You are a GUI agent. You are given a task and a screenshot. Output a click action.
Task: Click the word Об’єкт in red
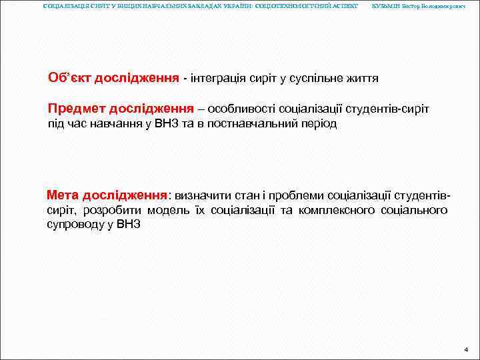click(x=69, y=78)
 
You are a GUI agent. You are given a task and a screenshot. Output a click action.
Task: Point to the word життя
click(x=360, y=79)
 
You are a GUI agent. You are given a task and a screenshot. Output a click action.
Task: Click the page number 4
click(x=466, y=349)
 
